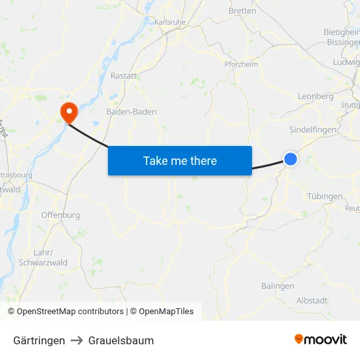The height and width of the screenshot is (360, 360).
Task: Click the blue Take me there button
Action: point(180,160)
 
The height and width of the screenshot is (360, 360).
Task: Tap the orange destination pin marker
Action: point(68,111)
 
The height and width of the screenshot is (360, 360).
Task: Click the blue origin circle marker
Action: point(291,158)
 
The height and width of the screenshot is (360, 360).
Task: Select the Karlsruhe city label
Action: point(170,22)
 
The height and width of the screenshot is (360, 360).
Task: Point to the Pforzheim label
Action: point(242,64)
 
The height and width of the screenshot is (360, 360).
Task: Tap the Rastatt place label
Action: point(124,76)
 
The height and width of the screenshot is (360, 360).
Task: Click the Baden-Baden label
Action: point(132,112)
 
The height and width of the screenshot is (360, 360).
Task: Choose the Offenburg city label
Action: point(60,215)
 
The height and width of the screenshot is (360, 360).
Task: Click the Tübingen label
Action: point(325,196)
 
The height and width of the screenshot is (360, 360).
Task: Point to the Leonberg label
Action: point(315,96)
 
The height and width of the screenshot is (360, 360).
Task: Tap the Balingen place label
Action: point(278,286)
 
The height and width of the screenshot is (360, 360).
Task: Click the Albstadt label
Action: point(312,300)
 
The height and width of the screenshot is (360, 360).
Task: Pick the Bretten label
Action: point(242,10)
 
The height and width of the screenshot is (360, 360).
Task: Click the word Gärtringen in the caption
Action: point(39,340)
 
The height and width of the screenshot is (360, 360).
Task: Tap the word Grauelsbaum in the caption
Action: point(121,340)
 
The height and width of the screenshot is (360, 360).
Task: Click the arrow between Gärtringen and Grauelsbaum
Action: point(77,340)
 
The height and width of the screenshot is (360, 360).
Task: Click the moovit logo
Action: point(320,339)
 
